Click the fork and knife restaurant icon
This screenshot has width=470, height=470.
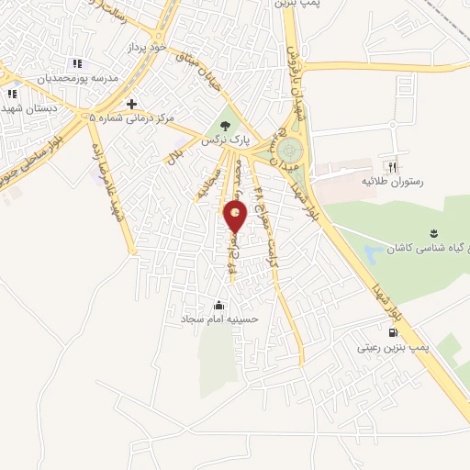click(x=393, y=168)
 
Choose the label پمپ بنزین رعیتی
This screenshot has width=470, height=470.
click(x=390, y=349)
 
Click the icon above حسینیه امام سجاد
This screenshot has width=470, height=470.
click(x=218, y=305)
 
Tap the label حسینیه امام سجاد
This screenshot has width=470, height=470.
click(x=220, y=320)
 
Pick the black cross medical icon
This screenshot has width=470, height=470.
click(x=132, y=104)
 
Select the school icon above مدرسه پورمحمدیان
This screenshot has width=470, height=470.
click(x=77, y=63)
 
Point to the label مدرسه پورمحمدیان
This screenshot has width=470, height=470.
click(x=79, y=79)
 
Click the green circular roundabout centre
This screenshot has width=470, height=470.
click(x=289, y=145)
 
